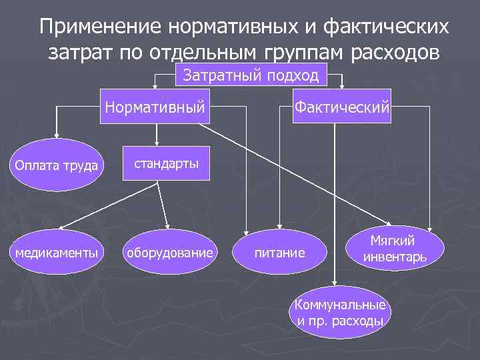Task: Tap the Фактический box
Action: (x=342, y=106)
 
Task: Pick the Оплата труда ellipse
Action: (x=57, y=165)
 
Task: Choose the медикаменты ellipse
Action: (x=57, y=253)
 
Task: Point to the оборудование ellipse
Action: (x=172, y=253)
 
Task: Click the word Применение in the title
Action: (x=100, y=28)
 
